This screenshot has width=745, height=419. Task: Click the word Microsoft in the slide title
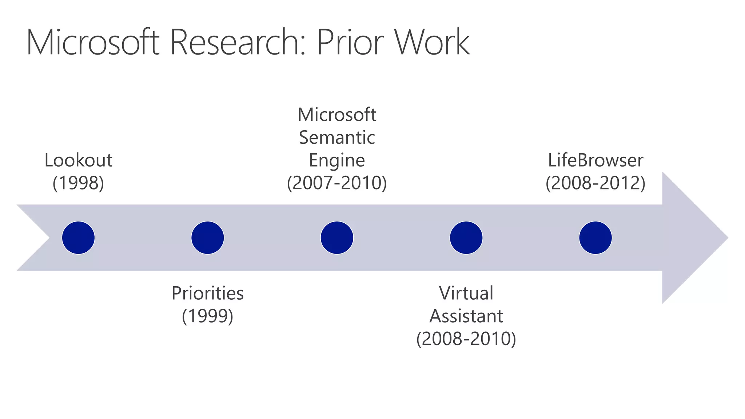pos(93,43)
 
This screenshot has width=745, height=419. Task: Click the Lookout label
pos(78,160)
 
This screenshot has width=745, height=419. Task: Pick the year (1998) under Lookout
pos(78,183)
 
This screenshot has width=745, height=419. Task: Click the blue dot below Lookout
pos(78,238)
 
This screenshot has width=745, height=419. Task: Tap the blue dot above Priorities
pos(207,238)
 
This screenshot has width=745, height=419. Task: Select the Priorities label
pos(207,293)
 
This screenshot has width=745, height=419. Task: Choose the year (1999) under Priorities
pos(207,316)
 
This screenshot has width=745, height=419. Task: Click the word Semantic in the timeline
pos(337,138)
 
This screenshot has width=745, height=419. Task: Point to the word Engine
pos(337,160)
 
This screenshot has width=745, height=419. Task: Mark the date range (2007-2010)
pos(337,183)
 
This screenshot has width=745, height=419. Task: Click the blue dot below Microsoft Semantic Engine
pos(337,238)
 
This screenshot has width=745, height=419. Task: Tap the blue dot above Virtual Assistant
pos(466,238)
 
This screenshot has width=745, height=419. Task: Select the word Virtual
pos(466,293)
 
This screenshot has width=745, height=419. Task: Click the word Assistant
pos(466,316)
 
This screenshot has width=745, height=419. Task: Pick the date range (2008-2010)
pos(466,339)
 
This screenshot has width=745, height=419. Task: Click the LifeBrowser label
pos(595,160)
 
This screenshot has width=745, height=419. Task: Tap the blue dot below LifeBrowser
pos(595,238)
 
